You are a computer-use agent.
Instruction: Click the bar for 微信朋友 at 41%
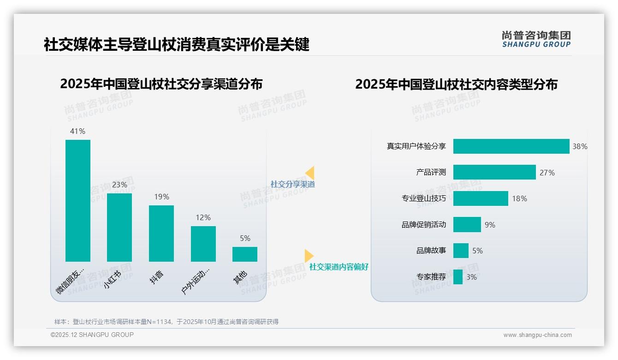point(78,201)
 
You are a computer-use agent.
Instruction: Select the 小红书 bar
point(119,228)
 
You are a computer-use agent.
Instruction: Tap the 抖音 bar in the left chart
point(161,234)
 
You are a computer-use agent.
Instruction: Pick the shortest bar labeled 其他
point(245,254)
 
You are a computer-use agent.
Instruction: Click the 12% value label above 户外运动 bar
point(203,217)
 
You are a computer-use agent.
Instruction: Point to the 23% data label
point(119,185)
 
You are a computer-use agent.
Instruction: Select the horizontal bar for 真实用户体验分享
point(511,146)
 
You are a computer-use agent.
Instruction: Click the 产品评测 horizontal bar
point(494,172)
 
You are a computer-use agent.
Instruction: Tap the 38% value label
point(580,146)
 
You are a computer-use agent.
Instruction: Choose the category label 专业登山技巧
point(423,198)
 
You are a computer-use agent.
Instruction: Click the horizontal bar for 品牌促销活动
point(467,225)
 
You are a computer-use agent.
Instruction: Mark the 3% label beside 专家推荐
point(471,277)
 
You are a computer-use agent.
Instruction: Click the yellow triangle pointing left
point(310,173)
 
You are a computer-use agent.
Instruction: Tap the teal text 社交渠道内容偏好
point(339,267)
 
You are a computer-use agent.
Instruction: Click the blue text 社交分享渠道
point(292,184)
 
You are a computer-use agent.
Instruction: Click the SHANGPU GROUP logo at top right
point(536,39)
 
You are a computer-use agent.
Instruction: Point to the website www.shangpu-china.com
point(537,335)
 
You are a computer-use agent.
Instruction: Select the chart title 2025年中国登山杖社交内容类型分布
point(456,84)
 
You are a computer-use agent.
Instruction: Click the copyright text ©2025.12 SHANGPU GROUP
point(92,335)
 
